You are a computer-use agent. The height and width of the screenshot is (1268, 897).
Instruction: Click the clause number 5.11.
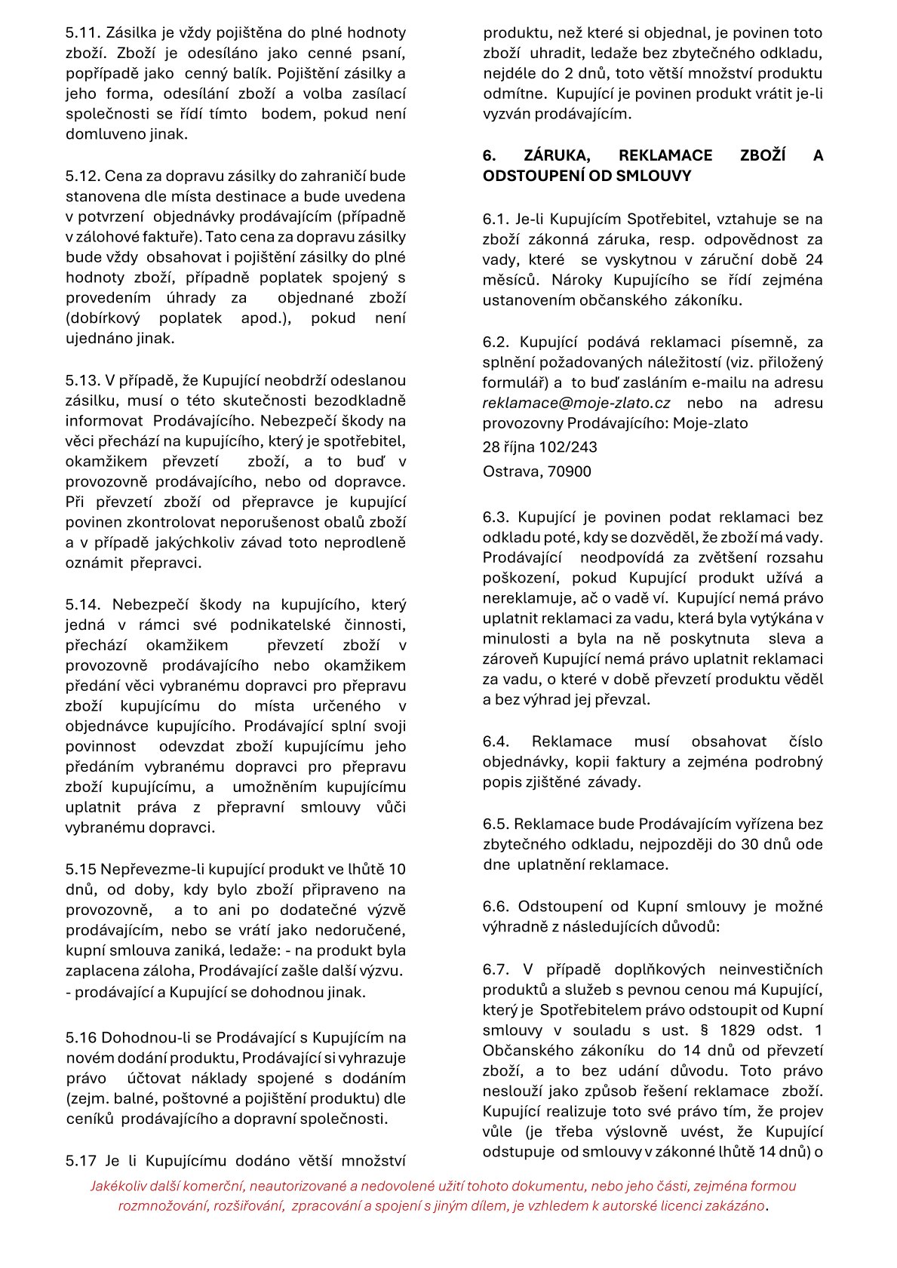pos(81,33)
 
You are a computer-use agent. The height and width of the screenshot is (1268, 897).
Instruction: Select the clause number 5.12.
pos(81,177)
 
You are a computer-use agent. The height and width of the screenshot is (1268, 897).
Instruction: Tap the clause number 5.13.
pos(81,380)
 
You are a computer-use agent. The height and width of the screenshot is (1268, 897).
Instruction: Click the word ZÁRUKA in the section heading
pos(557,155)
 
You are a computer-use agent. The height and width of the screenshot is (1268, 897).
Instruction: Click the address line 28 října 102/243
pos(539,447)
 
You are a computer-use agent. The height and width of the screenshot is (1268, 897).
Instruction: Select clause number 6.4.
pos(496,741)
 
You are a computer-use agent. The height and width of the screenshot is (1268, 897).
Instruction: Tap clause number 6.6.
pos(496,907)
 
